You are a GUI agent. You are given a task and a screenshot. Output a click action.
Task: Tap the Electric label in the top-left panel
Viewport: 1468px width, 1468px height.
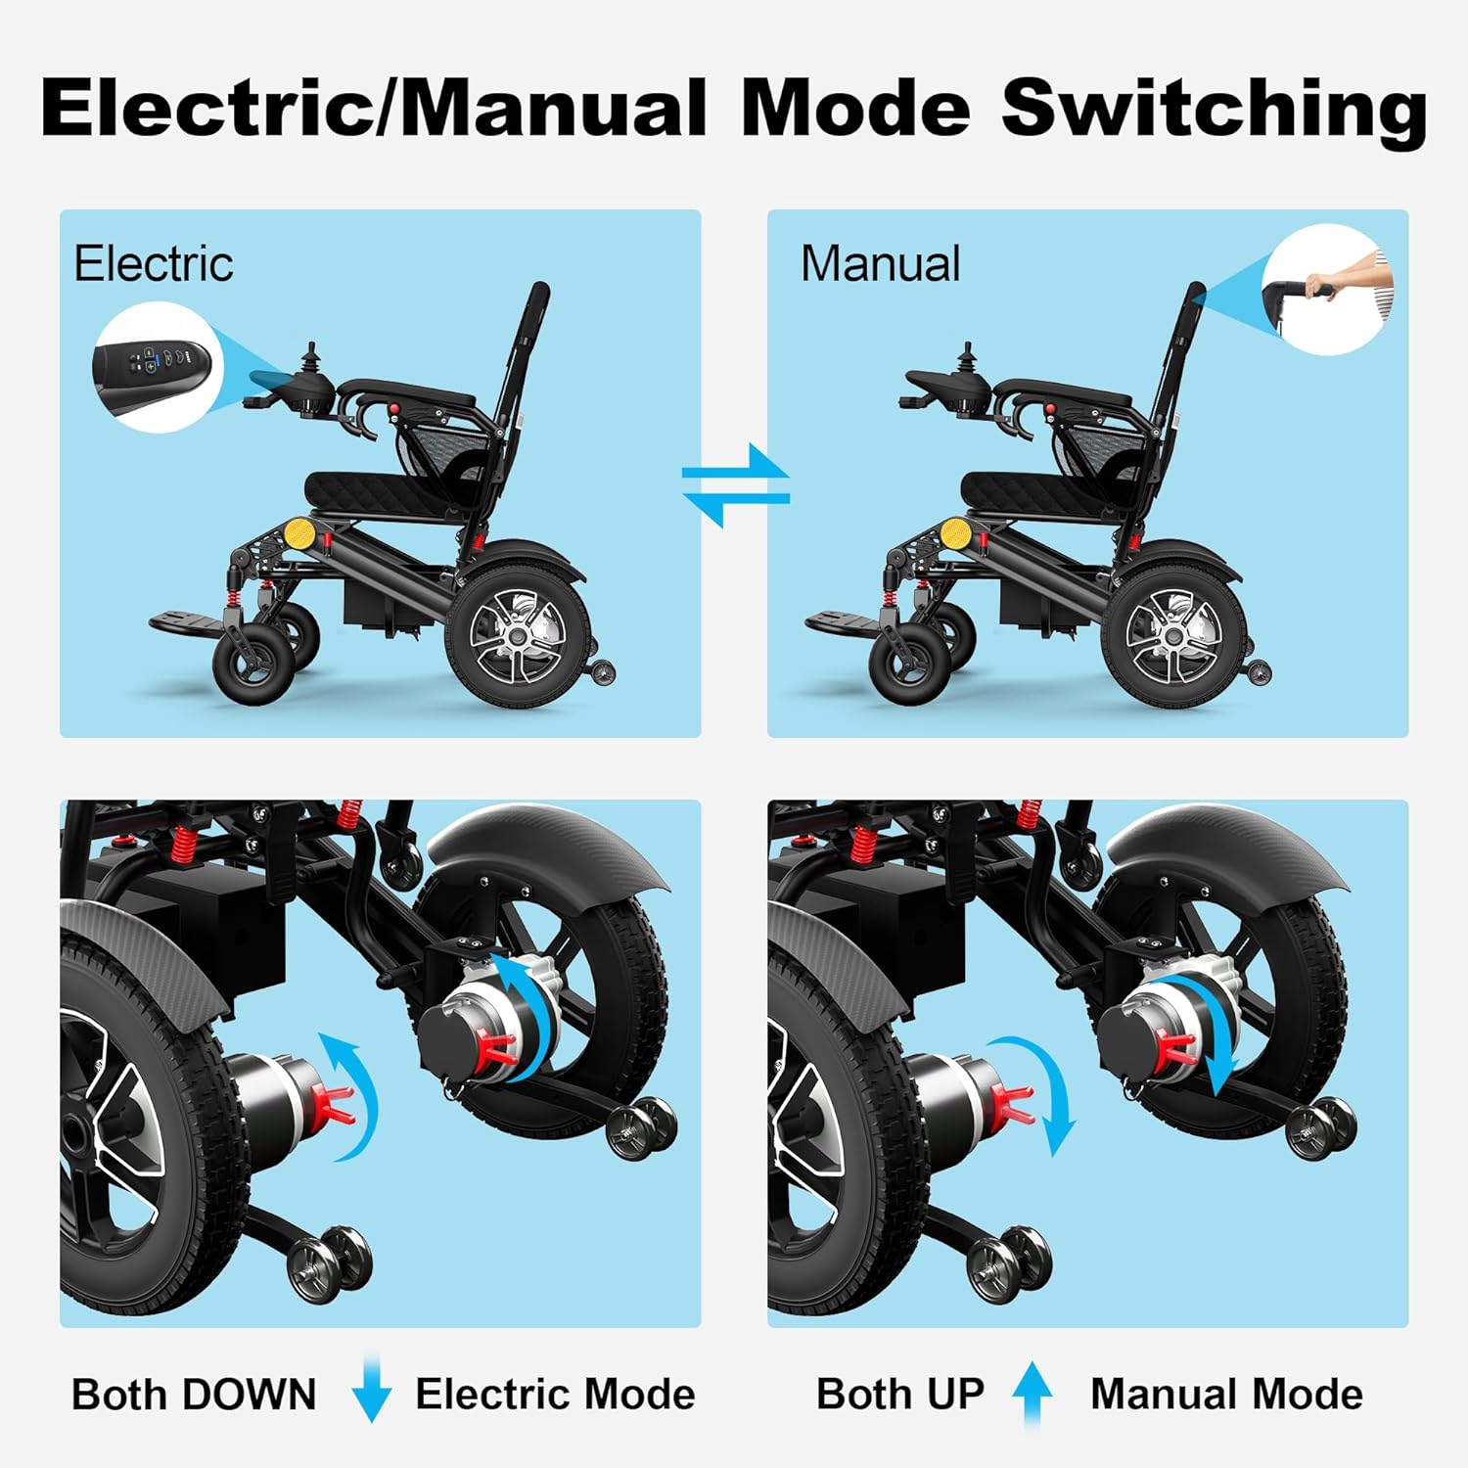point(154,264)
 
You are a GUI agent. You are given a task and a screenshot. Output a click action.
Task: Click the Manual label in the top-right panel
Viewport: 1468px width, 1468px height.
point(881,264)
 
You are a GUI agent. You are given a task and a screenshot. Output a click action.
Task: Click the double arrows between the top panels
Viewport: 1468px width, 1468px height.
point(735,484)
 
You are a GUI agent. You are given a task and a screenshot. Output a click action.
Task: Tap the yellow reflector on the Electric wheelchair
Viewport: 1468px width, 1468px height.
point(298,534)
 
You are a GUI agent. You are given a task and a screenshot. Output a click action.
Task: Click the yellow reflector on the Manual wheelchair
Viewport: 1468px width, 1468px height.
point(955,534)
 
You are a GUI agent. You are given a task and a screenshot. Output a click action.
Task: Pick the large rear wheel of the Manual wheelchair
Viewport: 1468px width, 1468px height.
point(1173,636)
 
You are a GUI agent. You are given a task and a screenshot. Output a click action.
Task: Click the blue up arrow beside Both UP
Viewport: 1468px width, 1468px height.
point(1032,1393)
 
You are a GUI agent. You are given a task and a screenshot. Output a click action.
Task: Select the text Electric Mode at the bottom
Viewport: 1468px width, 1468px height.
point(555,1394)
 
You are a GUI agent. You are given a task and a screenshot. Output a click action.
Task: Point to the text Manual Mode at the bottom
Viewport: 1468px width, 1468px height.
point(1226,1394)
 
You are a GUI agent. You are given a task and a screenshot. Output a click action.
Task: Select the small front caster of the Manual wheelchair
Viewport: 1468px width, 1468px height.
point(910,665)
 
